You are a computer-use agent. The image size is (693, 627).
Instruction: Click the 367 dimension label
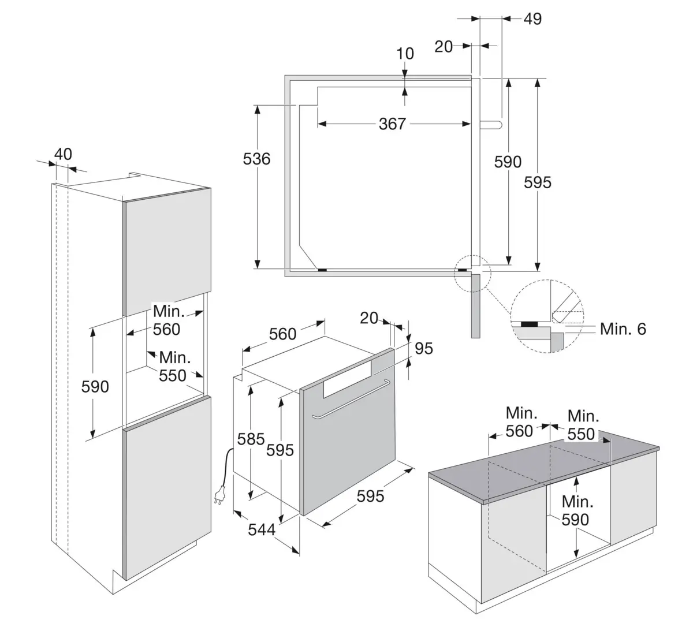click(x=392, y=124)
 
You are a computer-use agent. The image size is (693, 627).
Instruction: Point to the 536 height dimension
click(x=257, y=158)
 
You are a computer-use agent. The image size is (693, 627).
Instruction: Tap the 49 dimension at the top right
click(x=532, y=19)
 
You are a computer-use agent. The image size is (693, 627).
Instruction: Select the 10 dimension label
click(x=405, y=54)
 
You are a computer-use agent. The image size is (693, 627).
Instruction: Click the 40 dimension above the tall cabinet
click(x=63, y=154)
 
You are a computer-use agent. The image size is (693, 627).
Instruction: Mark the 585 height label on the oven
click(x=251, y=439)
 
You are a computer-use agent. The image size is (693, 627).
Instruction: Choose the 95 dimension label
click(x=423, y=348)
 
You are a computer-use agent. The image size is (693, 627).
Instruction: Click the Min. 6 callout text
click(x=623, y=329)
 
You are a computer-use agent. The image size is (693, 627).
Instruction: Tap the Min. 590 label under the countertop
click(x=577, y=510)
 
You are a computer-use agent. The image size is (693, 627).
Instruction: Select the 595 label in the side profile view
click(x=538, y=182)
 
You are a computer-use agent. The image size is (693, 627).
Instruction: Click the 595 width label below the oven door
click(x=370, y=495)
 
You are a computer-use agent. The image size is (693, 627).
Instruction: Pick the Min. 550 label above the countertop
click(x=582, y=425)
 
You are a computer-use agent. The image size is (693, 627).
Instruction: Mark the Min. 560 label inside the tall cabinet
click(x=167, y=320)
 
